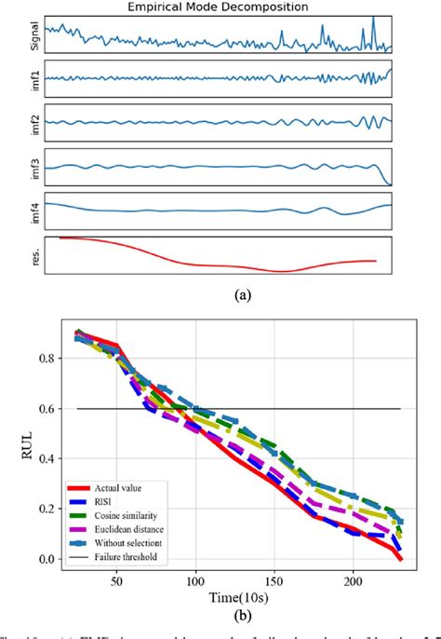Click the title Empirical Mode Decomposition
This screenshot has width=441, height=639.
[220, 7]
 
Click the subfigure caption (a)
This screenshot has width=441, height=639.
[220, 295]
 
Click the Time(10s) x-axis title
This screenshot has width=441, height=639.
[220, 595]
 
